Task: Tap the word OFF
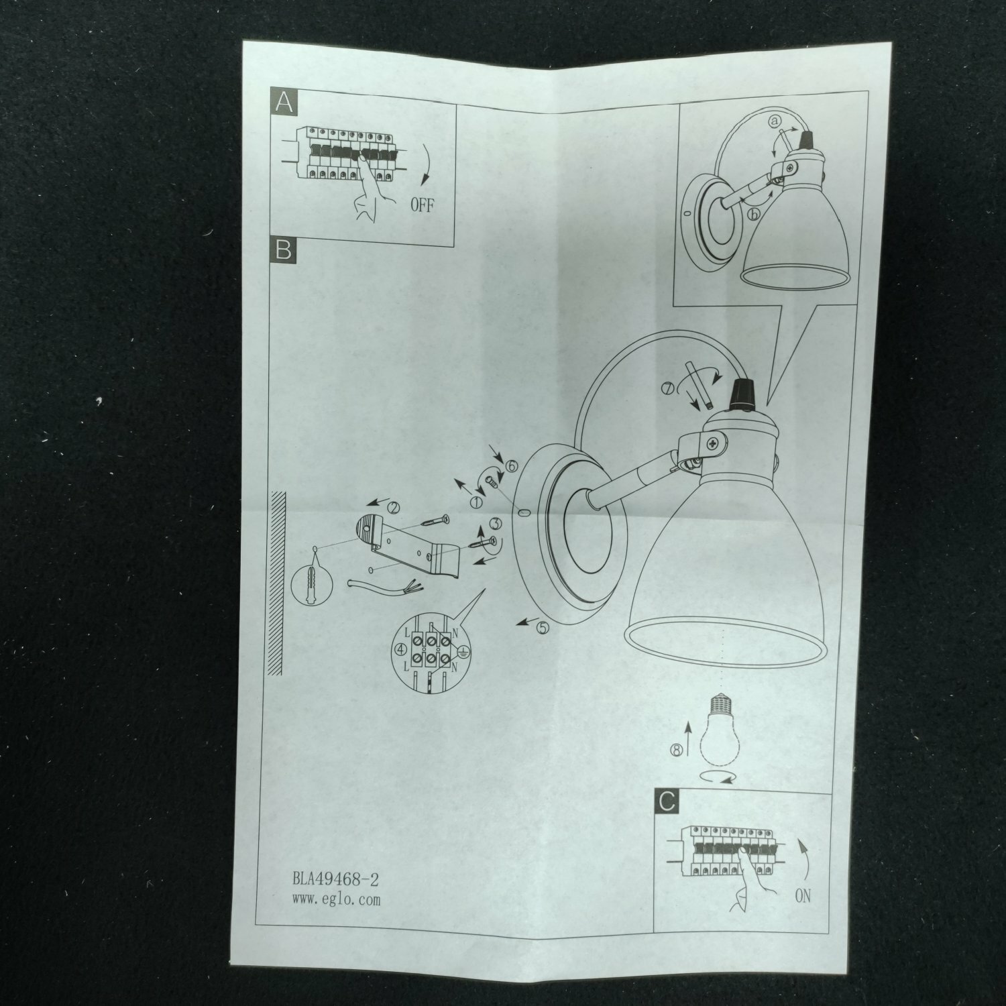(422, 205)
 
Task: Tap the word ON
(802, 895)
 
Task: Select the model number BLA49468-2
(341, 879)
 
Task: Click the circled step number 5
(542, 628)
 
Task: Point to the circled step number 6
(512, 465)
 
